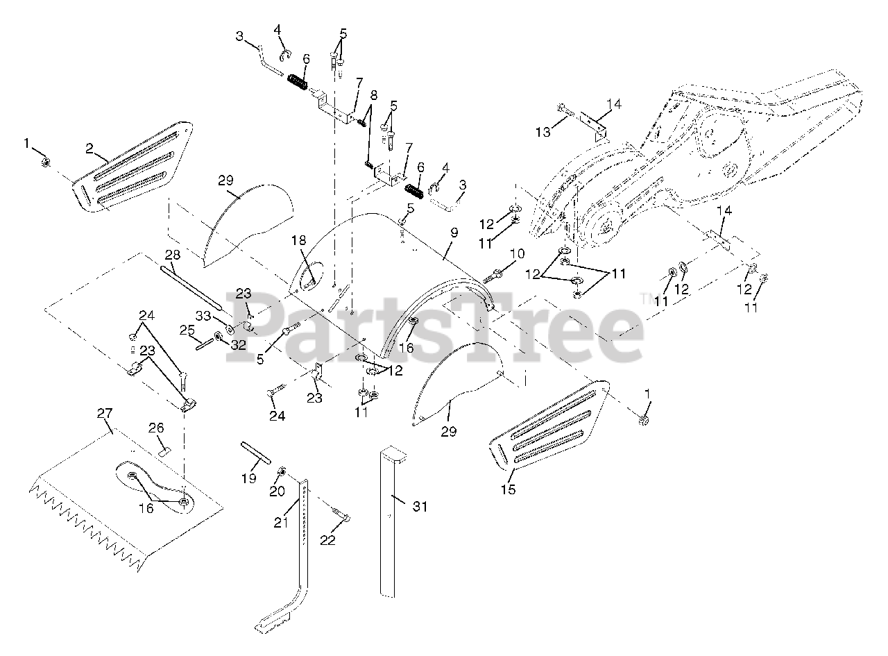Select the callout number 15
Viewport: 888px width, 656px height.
pos(509,490)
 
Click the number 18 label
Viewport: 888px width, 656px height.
pos(298,241)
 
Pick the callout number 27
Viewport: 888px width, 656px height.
pos(105,413)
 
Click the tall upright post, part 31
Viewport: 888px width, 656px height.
pos(391,528)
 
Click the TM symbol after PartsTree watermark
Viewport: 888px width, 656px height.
pos(646,298)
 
